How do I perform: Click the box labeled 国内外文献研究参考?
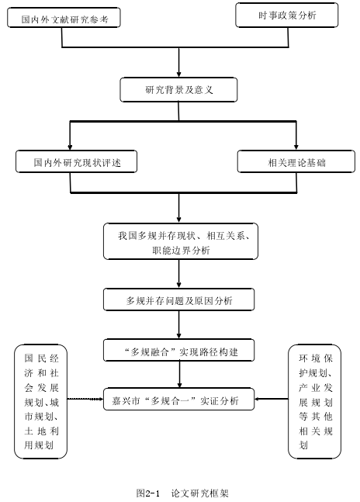coord(64,18)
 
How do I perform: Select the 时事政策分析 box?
coord(287,15)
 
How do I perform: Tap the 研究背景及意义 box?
coord(178,90)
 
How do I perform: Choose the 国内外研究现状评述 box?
coord(77,161)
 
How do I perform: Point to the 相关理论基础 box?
coord(296,161)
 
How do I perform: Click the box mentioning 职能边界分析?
coord(181,241)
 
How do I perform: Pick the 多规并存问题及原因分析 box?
coord(178,299)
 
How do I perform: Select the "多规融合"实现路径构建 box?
coord(178,351)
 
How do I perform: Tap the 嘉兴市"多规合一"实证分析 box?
coord(178,400)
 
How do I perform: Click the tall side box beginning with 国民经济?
coord(40,401)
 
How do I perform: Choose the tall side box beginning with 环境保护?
coord(314,401)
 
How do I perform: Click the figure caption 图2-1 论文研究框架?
coord(182,493)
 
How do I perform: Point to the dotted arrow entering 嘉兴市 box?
coord(85,399)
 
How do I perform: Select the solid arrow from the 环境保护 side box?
coord(272,399)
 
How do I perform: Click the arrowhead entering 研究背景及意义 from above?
coord(179,74)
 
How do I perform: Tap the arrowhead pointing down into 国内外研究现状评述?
coord(70,147)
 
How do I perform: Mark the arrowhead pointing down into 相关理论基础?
coord(296,147)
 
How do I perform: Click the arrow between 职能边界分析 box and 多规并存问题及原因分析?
coord(179,274)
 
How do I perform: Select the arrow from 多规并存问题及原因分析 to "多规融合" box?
coord(179,324)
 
